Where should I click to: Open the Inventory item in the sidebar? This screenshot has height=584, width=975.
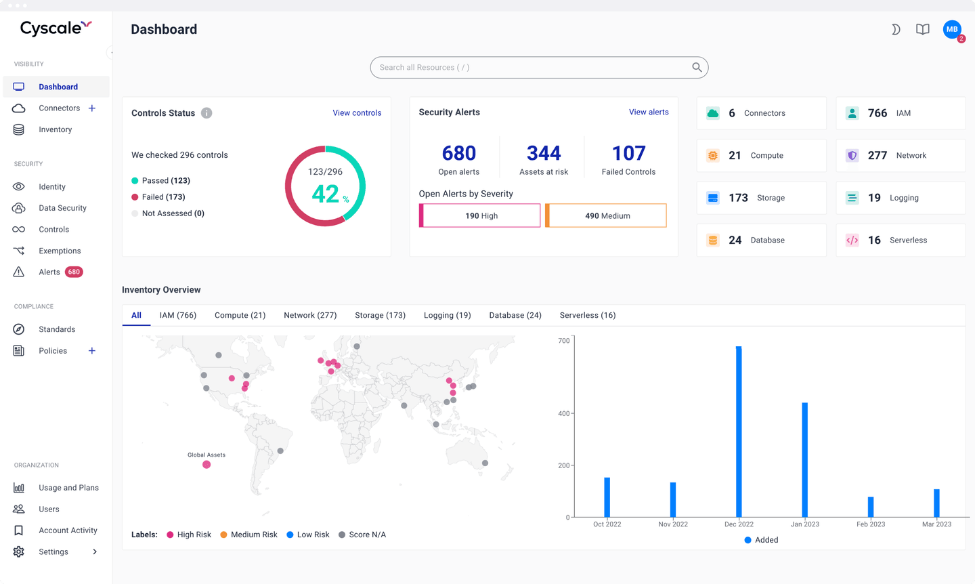tap(55, 129)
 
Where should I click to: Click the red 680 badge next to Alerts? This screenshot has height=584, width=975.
tap(74, 272)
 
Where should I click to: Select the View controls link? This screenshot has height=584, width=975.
tap(357, 113)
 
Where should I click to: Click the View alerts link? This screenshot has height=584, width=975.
tap(649, 112)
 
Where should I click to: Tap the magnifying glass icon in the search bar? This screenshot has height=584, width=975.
tap(697, 67)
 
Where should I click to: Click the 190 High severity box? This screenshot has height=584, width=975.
tap(481, 215)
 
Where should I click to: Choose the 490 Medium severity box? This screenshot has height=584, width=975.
tap(607, 215)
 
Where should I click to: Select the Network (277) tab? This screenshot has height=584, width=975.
tap(310, 315)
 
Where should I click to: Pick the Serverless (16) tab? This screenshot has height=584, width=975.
tap(588, 315)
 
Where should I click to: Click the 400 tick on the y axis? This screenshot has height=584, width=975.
tap(563, 413)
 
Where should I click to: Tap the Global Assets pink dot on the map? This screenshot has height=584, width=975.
tap(207, 465)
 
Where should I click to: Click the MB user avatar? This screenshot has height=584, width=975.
tap(952, 29)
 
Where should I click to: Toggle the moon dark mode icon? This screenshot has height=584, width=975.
tap(895, 29)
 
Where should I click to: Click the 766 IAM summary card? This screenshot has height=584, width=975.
tap(901, 113)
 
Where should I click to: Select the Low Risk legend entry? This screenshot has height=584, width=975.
tap(308, 535)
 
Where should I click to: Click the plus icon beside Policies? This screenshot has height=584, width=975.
tap(92, 350)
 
